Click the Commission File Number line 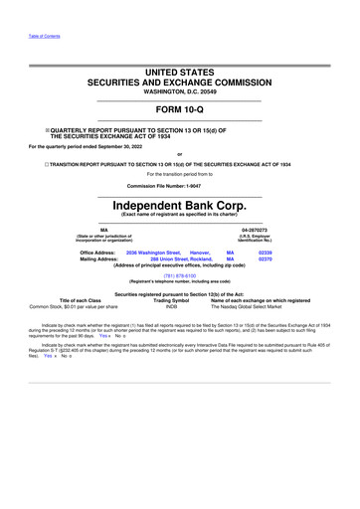tap(179, 186)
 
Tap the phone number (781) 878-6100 tap(179, 276)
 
